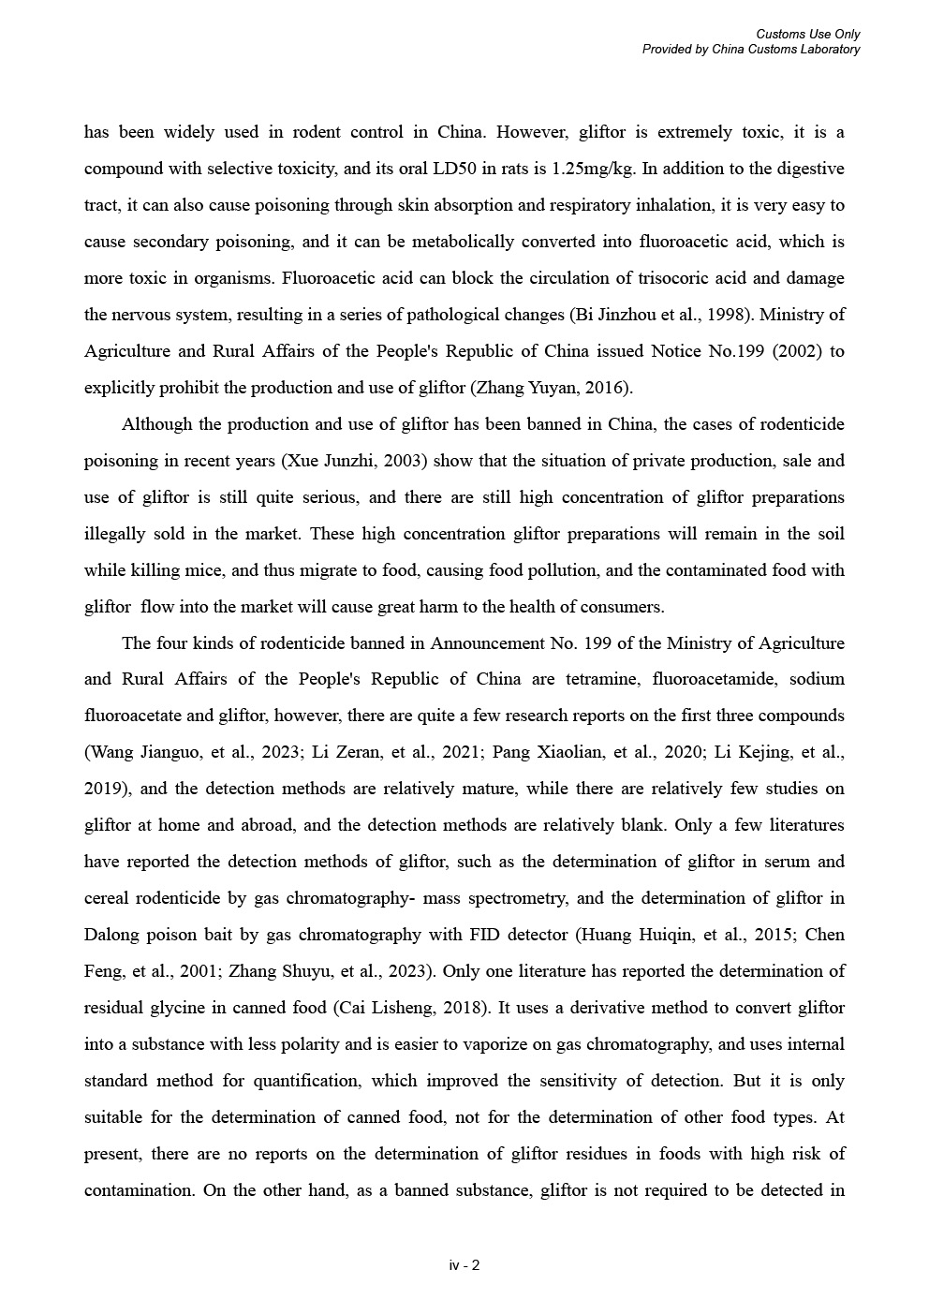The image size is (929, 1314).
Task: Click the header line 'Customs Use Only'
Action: click(x=808, y=35)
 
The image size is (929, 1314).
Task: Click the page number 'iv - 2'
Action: click(x=464, y=1265)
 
